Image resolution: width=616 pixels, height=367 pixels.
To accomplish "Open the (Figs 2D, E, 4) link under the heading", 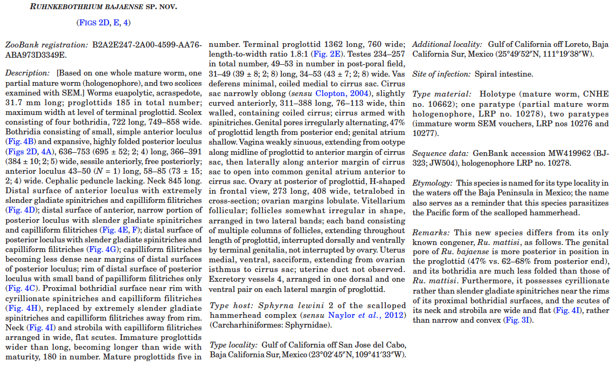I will point(103,22).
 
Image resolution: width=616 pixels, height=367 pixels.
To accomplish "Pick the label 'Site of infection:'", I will point(442,73).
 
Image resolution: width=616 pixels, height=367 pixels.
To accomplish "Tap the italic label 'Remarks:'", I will point(431,232).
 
